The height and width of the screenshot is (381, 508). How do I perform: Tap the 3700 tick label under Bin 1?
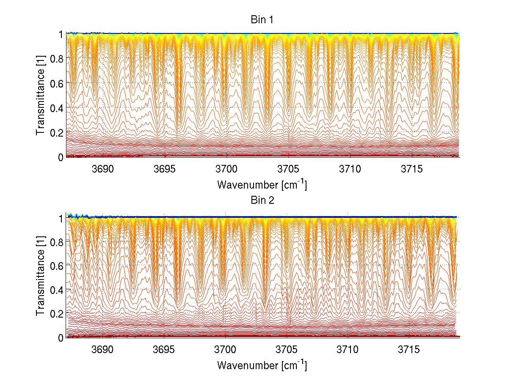226,169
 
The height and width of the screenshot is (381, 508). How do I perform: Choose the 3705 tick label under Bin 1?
287,169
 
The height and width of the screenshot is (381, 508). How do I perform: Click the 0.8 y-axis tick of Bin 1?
57,59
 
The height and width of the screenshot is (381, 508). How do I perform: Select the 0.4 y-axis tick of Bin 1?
57,108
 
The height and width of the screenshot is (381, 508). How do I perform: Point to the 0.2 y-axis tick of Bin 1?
57,132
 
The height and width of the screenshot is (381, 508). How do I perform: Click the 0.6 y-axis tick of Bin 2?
57,265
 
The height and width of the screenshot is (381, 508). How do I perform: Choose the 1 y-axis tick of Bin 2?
61,218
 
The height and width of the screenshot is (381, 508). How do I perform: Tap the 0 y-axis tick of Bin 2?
61,337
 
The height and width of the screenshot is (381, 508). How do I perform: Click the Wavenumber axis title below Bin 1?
262,185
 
